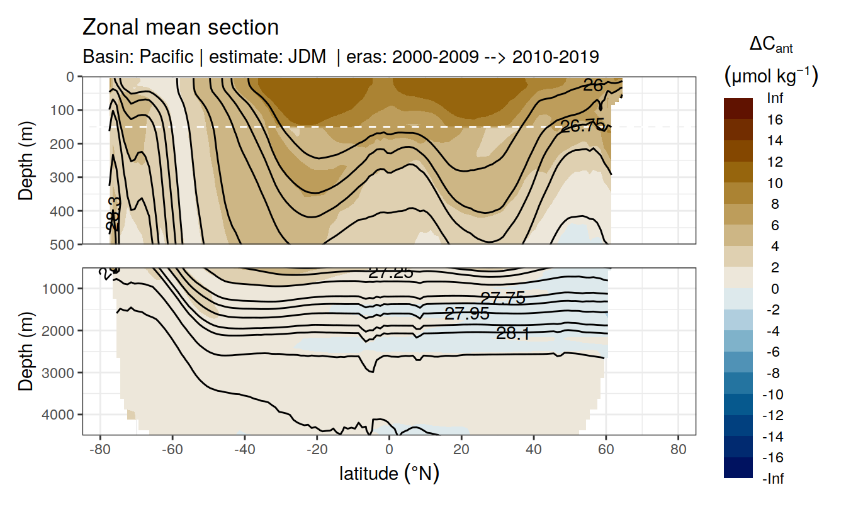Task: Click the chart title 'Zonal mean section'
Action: [181, 28]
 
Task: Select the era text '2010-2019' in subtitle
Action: [555, 57]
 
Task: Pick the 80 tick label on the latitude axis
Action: [678, 450]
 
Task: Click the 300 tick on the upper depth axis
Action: [65, 177]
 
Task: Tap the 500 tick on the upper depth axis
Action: [65, 244]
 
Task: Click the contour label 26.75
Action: [582, 126]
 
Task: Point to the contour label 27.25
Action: [390, 272]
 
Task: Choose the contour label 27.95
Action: [466, 313]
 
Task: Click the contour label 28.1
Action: [512, 333]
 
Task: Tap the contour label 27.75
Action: [502, 298]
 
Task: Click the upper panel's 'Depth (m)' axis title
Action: [26, 160]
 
